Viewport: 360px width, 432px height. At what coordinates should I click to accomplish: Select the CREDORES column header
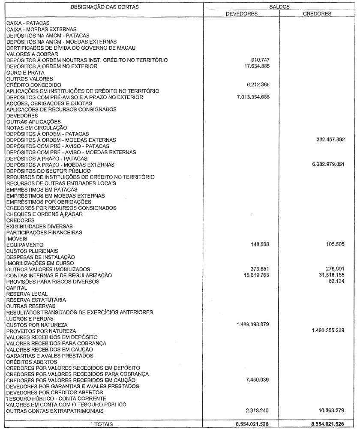point(317,13)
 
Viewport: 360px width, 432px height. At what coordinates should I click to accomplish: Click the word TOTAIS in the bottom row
point(102,426)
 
